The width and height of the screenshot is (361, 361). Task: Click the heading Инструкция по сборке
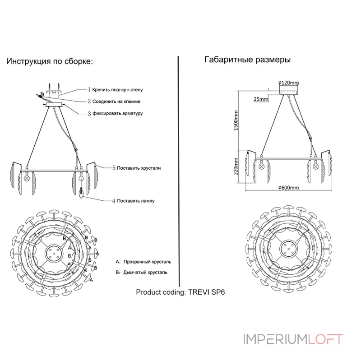(x=49, y=62)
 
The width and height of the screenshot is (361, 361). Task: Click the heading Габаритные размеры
(x=247, y=60)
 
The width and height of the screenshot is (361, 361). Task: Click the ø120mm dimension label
(x=289, y=83)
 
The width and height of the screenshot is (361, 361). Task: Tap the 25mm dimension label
(x=261, y=99)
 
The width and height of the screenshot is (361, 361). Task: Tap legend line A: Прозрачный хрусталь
(x=143, y=262)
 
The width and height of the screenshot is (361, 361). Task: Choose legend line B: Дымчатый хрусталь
(x=141, y=273)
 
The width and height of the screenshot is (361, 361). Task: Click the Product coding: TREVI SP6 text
(x=180, y=292)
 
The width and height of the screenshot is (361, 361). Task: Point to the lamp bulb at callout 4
(x=82, y=194)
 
